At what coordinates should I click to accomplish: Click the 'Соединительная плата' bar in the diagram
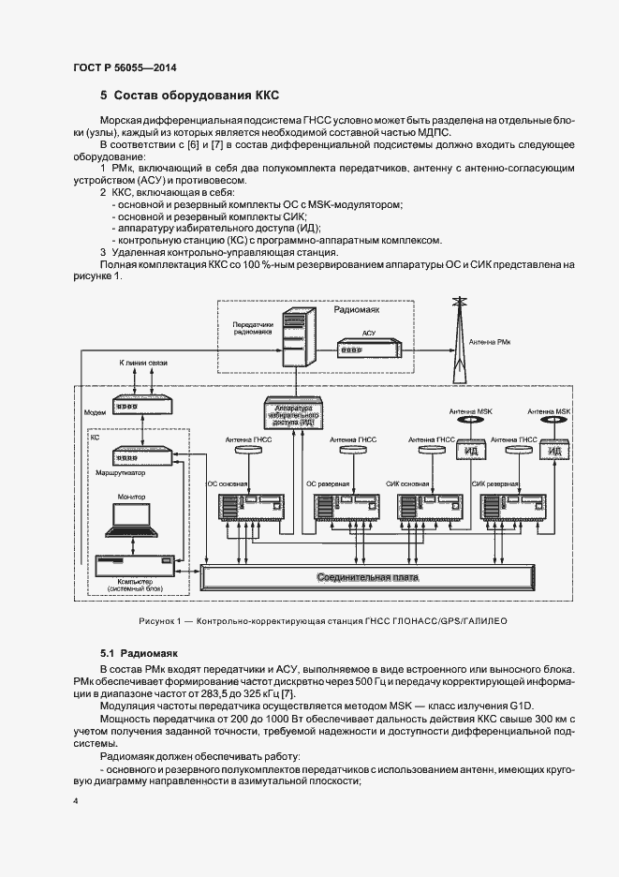(x=367, y=576)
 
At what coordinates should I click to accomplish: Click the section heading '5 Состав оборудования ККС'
(x=190, y=96)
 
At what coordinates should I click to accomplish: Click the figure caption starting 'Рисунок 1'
(x=309, y=621)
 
